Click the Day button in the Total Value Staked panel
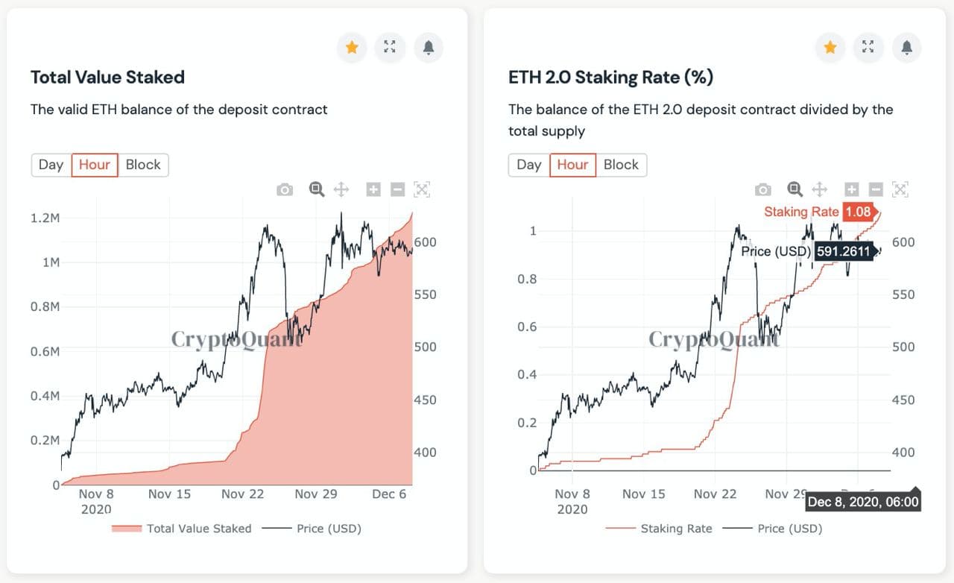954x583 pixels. pyautogui.click(x=51, y=165)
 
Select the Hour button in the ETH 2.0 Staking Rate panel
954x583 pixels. pyautogui.click(x=572, y=165)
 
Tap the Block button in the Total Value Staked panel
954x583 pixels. pyautogui.click(x=143, y=165)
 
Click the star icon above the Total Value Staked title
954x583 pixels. pyautogui.click(x=352, y=48)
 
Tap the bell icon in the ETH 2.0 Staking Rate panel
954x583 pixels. pyautogui.click(x=906, y=48)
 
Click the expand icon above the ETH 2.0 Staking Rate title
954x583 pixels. pyautogui.click(x=868, y=48)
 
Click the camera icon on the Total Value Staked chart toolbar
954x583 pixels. pyautogui.click(x=285, y=190)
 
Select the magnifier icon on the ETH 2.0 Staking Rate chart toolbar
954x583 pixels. pyautogui.click(x=795, y=189)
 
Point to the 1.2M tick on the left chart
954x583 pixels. pyautogui.click(x=45, y=218)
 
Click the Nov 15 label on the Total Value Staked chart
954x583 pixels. pyautogui.click(x=170, y=494)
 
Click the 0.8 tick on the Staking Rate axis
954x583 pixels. pyautogui.click(x=527, y=279)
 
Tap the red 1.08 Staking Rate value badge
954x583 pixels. pyautogui.click(x=858, y=212)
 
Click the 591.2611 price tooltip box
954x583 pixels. pyautogui.click(x=844, y=251)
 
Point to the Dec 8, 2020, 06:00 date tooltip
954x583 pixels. pyautogui.click(x=863, y=502)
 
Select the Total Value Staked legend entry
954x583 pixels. pyautogui.click(x=182, y=529)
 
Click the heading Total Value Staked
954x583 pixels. pyautogui.click(x=107, y=77)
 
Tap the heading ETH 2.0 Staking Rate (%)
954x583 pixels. pyautogui.click(x=610, y=77)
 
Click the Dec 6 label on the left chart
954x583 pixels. pyautogui.click(x=389, y=494)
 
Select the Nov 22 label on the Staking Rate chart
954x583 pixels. pyautogui.click(x=715, y=494)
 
